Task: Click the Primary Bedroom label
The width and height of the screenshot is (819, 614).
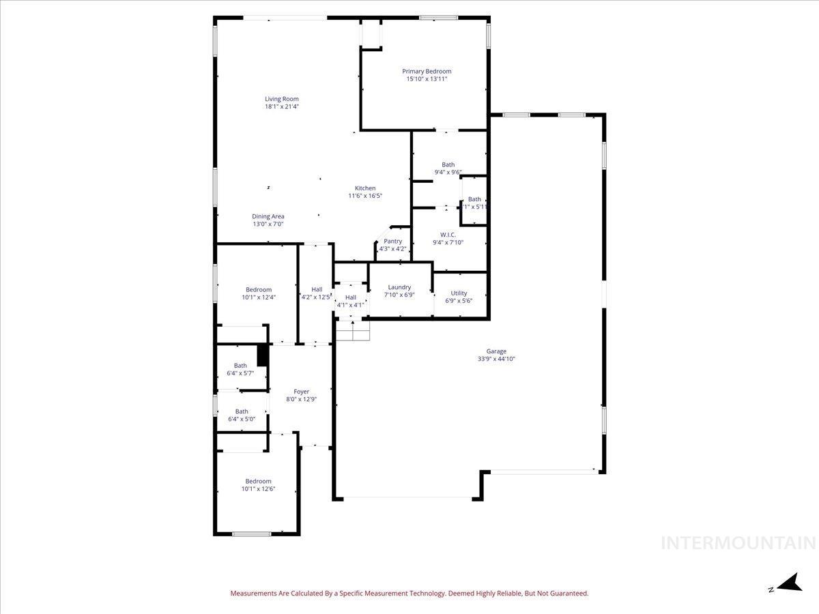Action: coord(427,71)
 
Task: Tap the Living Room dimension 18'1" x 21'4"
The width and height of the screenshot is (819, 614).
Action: coord(282,106)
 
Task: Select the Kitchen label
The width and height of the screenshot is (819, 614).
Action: coord(365,188)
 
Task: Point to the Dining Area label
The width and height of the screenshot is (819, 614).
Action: coord(268,216)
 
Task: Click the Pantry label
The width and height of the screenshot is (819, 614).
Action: coord(393,241)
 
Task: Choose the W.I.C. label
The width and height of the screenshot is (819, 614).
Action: coord(448,235)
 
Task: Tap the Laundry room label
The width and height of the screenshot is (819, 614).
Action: coord(399,287)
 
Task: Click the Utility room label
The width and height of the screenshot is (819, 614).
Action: coord(459,293)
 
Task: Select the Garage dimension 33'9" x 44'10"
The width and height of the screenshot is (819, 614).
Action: coord(496,359)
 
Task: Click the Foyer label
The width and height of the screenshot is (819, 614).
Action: coord(301,392)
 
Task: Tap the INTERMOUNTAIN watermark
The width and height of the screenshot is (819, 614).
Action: coord(738,543)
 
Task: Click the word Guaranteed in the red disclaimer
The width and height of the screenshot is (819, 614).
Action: coord(566,594)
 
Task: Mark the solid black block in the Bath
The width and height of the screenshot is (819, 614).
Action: coord(261,355)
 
